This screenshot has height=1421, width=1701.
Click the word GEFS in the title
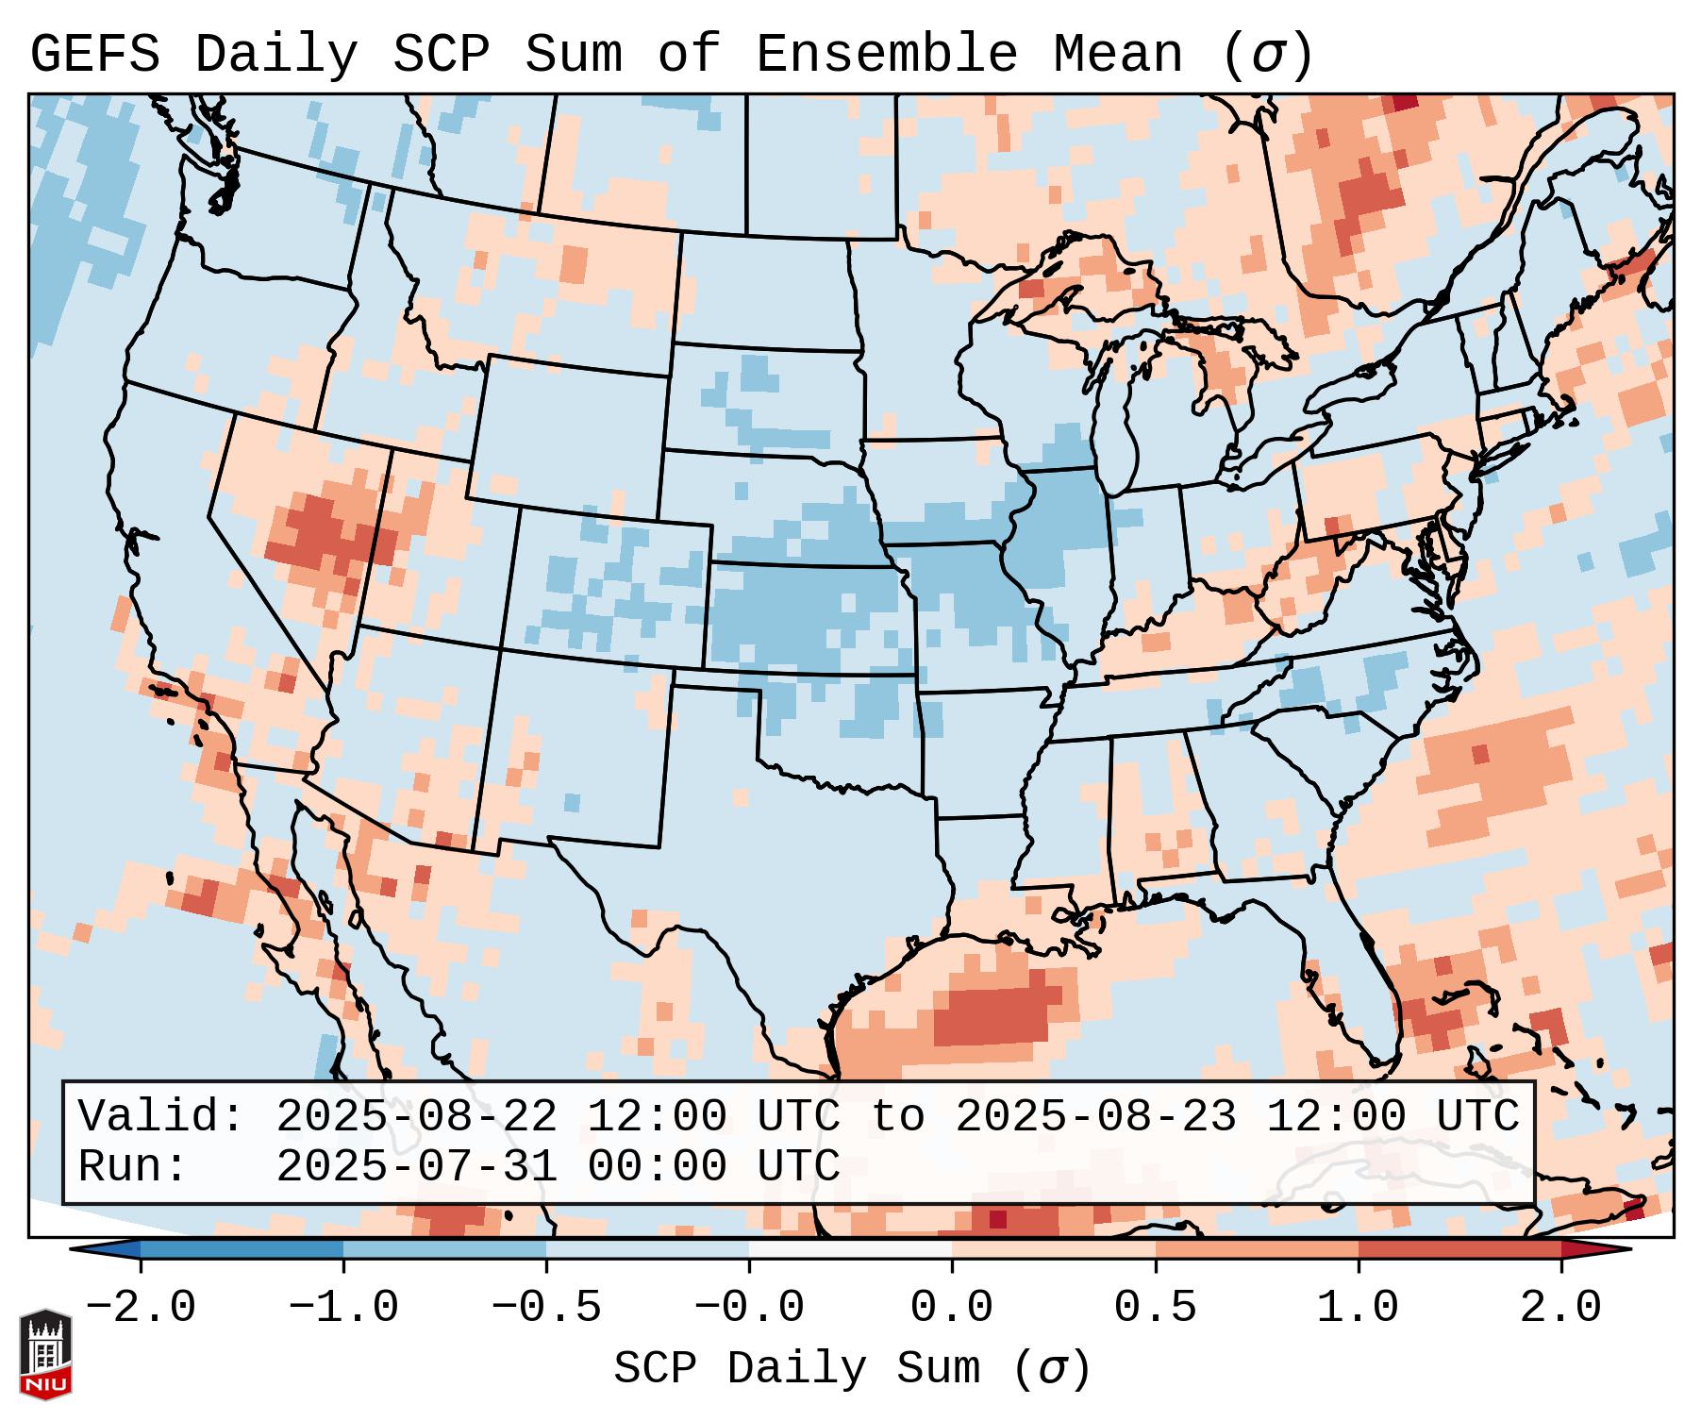tap(94, 55)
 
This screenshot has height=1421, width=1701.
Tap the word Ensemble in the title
tap(886, 55)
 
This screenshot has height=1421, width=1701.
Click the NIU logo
tap(45, 1354)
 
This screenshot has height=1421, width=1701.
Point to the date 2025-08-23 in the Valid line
tap(1095, 1117)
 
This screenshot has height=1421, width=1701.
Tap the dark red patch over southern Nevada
tap(316, 533)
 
